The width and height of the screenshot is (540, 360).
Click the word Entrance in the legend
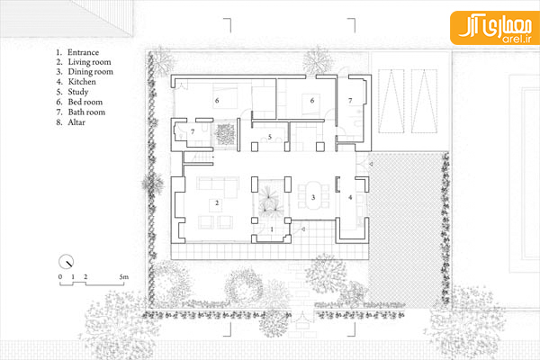[83, 52]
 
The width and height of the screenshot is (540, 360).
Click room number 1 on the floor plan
[272, 229]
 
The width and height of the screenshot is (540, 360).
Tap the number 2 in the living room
[217, 202]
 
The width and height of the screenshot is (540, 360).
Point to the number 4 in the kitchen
[350, 197]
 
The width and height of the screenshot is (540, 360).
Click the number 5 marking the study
[270, 137]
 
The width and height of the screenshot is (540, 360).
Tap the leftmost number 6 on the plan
[217, 101]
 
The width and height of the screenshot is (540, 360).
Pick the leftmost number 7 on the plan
[193, 131]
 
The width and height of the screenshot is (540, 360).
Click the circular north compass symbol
[66, 262]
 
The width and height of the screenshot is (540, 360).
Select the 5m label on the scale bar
[124, 277]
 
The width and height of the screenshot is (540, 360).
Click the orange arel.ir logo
[494, 28]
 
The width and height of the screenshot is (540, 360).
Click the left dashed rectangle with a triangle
[391, 102]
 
